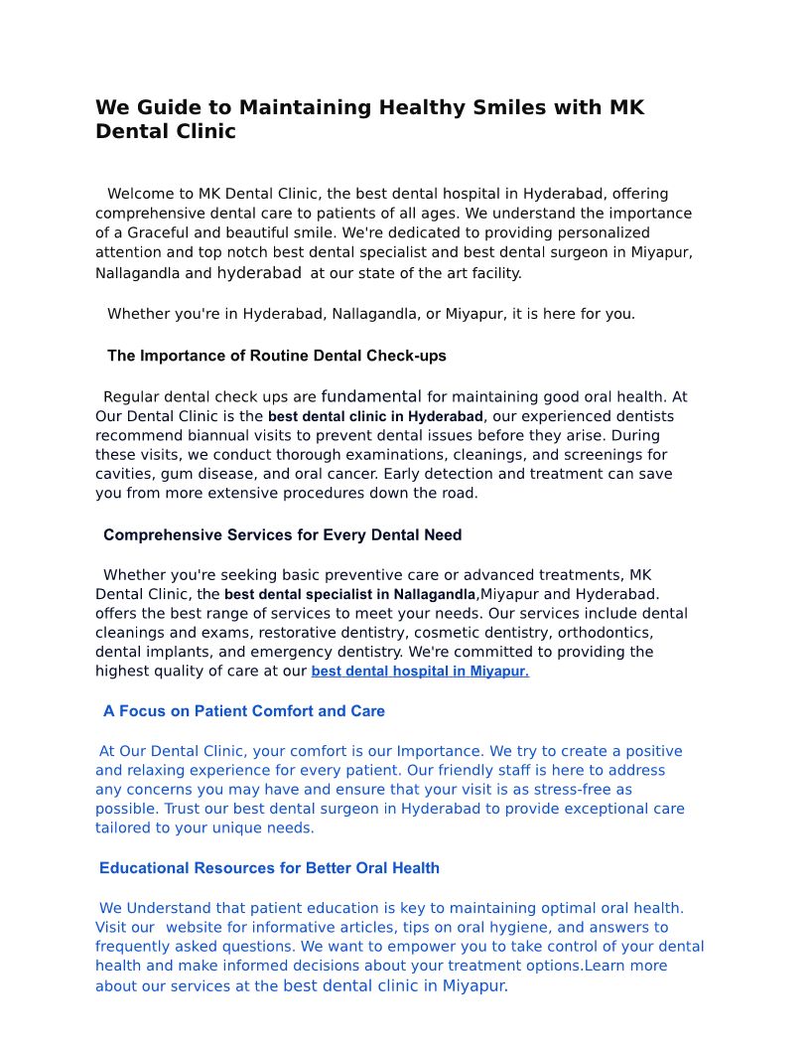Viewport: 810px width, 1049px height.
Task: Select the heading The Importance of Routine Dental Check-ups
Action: (x=277, y=356)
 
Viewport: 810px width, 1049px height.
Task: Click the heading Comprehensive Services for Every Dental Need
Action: (x=282, y=535)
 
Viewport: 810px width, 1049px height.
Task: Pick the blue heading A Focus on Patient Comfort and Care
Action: (x=244, y=711)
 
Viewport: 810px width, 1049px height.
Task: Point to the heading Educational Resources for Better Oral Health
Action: (x=269, y=868)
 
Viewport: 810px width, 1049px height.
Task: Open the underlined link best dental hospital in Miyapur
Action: (x=420, y=672)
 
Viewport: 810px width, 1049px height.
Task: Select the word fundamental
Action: (x=371, y=396)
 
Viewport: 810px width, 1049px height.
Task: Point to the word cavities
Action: (x=125, y=474)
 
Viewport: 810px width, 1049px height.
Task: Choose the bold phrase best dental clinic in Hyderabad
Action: (x=375, y=417)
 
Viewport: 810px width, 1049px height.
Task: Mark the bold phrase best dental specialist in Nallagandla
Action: (x=350, y=595)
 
